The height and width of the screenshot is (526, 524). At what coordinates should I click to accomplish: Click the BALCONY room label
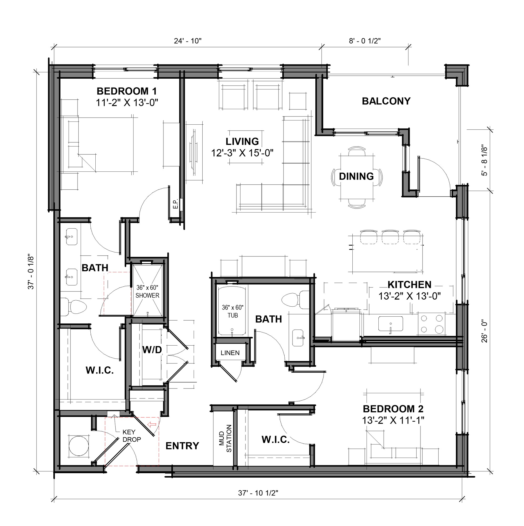tap(386, 101)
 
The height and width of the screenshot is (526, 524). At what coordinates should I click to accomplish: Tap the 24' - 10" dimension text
tap(187, 41)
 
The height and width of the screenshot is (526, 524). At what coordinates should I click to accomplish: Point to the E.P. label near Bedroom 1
tap(176, 204)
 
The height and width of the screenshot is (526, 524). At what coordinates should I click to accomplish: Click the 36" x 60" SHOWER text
tap(147, 291)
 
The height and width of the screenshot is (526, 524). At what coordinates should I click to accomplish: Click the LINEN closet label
tap(230, 353)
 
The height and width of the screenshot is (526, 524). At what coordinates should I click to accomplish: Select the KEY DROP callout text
tap(131, 436)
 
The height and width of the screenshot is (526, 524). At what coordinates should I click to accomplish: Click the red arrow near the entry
tap(152, 424)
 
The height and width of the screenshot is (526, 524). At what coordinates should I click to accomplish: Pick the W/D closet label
tap(152, 350)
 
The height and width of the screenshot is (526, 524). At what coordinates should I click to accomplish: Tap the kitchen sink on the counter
tap(391, 324)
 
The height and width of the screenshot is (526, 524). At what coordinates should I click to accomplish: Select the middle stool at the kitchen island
tap(390, 237)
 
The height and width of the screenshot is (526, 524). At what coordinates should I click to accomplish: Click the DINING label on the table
tap(356, 176)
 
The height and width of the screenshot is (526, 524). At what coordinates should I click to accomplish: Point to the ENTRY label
tap(182, 446)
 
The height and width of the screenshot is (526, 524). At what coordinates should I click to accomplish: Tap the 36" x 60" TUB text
tap(233, 311)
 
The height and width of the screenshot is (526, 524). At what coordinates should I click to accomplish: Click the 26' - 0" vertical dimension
tap(485, 331)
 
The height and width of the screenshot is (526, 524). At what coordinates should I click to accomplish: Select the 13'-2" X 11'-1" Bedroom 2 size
tap(393, 420)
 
